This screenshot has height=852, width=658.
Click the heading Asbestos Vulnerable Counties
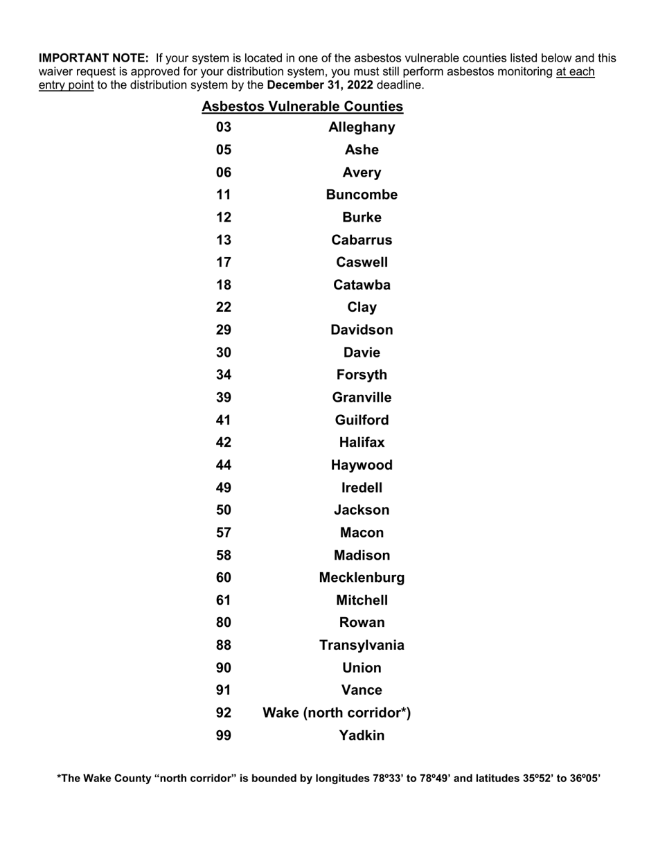[302, 107]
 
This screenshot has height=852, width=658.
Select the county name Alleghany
[362, 127]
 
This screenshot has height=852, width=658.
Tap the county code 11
[223, 195]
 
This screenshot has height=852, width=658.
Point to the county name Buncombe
[362, 195]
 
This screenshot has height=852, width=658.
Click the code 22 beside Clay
[223, 308]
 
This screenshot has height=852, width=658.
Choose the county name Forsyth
[362, 375]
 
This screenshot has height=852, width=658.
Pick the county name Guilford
[362, 420]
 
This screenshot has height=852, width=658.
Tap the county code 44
[223, 465]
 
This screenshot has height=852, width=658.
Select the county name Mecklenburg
[362, 578]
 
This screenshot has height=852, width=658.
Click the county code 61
[223, 601]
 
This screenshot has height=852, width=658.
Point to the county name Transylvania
[362, 646]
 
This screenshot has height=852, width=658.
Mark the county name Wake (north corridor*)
[337, 713]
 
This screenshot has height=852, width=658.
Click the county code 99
[223, 736]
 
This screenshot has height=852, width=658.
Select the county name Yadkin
[362, 736]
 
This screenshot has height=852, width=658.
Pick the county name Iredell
[362, 488]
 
